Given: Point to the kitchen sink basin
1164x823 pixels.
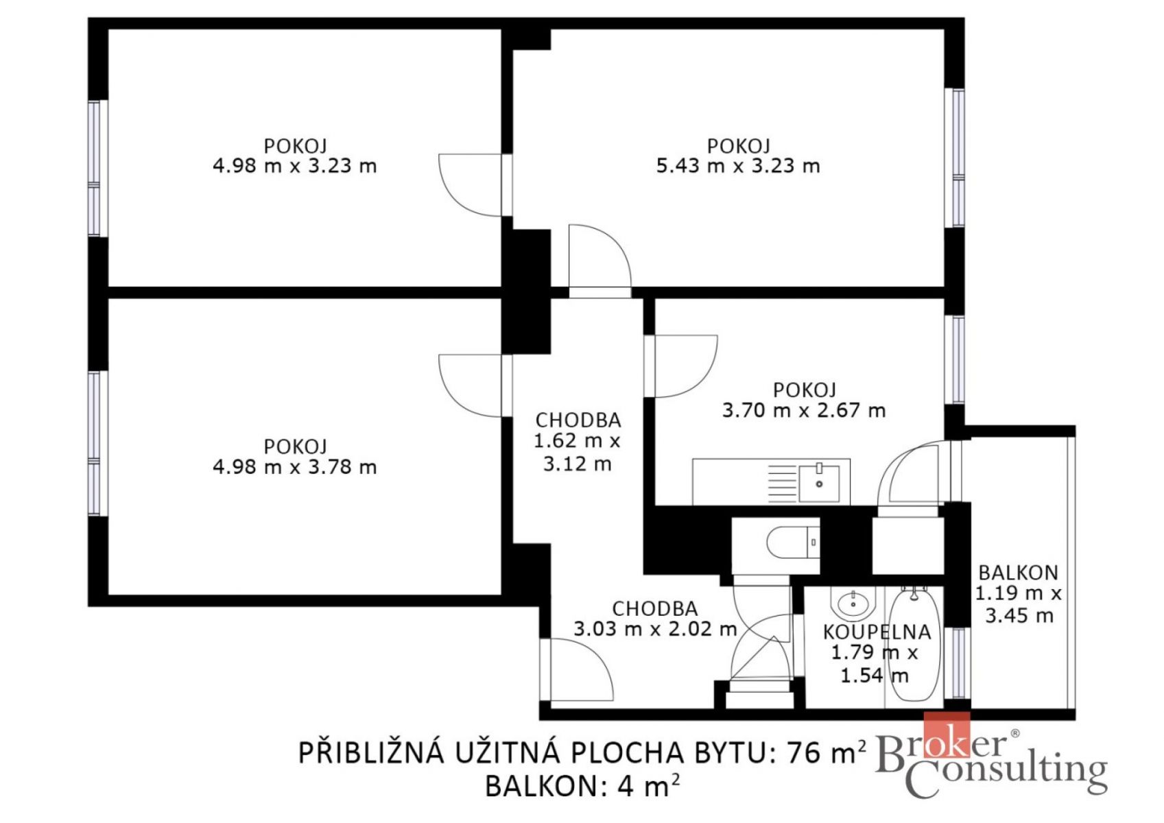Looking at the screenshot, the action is click(x=819, y=484).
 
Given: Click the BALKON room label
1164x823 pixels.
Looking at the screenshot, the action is click(x=1018, y=573).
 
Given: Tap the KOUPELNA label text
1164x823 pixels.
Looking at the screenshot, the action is click(x=877, y=632).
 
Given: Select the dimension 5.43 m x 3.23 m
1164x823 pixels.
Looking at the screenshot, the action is click(x=738, y=166).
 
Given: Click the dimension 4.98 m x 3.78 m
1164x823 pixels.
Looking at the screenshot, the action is click(x=295, y=467).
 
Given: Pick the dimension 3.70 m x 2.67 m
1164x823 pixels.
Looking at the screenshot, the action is click(x=804, y=410).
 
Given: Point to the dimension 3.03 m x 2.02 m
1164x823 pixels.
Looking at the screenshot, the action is click(x=655, y=629).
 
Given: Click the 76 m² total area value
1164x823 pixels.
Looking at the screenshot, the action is click(x=827, y=752).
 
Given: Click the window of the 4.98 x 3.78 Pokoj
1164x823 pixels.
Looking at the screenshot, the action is click(x=94, y=443).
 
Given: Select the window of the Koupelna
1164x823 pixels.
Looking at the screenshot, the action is click(x=958, y=663).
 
